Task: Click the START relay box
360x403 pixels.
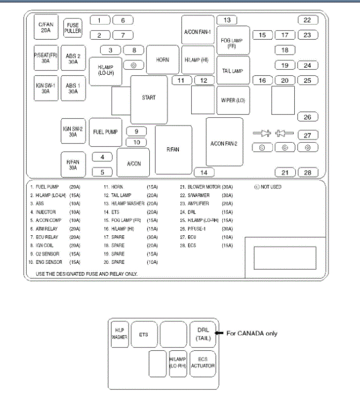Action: point(148,99)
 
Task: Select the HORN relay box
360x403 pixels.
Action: point(162,60)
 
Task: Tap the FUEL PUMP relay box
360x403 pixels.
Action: point(105,132)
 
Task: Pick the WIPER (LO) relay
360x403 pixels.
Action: point(233,101)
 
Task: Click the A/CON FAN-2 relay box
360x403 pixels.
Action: point(224,143)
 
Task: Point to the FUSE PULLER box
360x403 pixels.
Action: point(73,28)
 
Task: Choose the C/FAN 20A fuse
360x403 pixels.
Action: point(46,28)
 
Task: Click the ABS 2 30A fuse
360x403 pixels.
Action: point(73,59)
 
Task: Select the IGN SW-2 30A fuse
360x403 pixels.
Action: point(73,132)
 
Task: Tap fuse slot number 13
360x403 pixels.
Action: point(227,20)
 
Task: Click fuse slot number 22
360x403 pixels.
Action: point(307,20)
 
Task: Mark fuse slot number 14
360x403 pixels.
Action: point(204,173)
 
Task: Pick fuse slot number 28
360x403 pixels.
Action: point(307,173)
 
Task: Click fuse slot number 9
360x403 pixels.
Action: point(137,131)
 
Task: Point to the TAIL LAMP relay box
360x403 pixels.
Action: point(233,71)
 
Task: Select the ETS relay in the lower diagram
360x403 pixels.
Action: point(144,334)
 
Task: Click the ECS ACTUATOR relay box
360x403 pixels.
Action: point(202,363)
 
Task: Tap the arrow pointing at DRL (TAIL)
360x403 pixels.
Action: point(219,333)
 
